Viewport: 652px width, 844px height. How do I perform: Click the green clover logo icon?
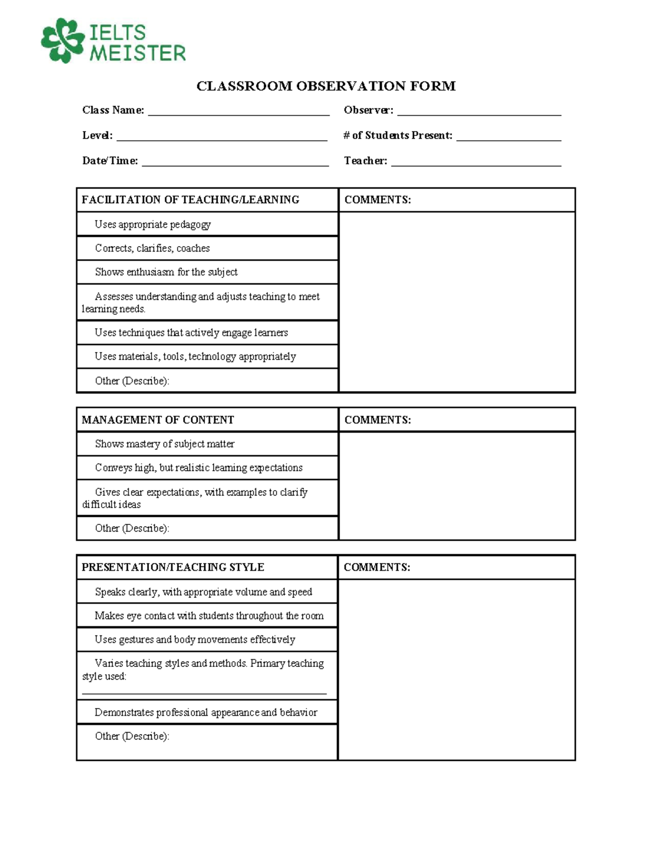coord(63,40)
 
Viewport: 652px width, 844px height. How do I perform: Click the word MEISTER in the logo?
coord(137,53)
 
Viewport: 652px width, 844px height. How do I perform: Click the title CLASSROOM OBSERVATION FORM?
coord(326,86)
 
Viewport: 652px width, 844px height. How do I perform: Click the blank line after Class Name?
coord(239,113)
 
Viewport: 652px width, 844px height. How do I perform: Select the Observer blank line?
coord(479,113)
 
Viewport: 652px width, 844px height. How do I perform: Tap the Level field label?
coord(97,135)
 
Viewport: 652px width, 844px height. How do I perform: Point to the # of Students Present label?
coord(398,135)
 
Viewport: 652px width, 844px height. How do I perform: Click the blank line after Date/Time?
coord(235,163)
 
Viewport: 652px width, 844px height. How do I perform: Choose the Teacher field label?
coord(365,161)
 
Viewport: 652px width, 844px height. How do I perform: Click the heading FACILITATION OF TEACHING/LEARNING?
coord(190,199)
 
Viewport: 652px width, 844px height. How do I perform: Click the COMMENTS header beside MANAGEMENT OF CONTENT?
coord(378,420)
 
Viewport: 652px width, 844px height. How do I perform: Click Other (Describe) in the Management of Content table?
coord(132,528)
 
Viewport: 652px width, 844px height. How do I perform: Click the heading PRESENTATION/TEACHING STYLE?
coord(173,567)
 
